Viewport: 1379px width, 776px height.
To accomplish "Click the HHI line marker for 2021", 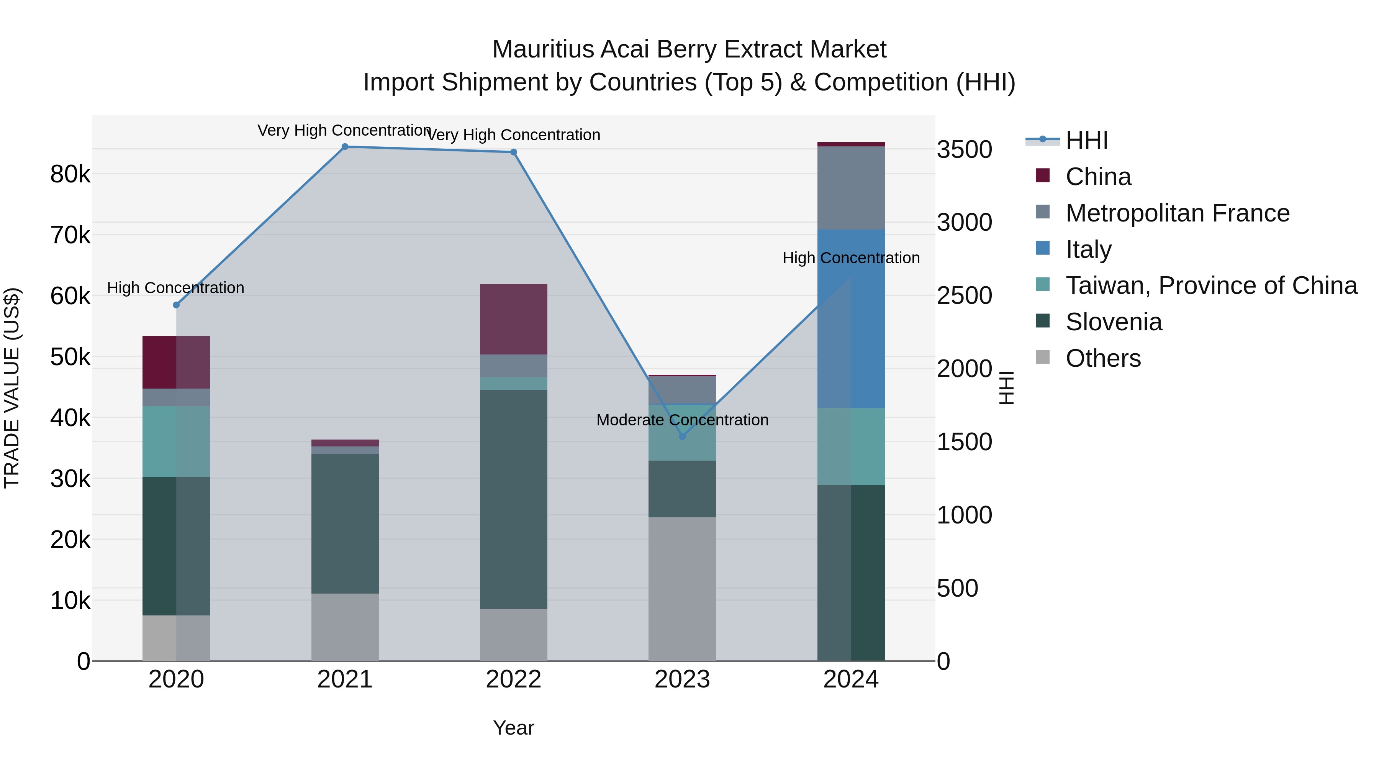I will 345,147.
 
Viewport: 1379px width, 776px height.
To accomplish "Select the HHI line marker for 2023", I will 682,436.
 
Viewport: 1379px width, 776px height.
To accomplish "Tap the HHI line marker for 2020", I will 176,305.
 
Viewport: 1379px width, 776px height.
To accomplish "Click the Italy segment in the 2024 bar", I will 851,319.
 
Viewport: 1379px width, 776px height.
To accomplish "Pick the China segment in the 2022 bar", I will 513,319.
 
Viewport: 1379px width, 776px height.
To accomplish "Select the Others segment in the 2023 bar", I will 682,589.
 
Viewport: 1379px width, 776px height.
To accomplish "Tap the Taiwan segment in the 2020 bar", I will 176,441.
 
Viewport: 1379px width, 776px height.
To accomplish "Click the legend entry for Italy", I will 1088,249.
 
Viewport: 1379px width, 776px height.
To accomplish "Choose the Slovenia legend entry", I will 1114,322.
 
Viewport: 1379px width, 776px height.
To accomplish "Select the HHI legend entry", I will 1086,140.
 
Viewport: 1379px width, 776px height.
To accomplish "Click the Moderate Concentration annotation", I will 682,420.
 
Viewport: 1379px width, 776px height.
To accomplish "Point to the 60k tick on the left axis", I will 70,295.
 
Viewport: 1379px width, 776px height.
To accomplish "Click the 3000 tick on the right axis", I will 964,222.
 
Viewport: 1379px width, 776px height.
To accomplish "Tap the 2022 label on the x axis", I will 513,679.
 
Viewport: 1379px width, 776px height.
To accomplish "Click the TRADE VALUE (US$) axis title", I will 12,388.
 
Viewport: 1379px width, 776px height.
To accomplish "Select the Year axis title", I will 513,728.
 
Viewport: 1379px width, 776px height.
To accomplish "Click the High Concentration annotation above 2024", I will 851,258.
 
